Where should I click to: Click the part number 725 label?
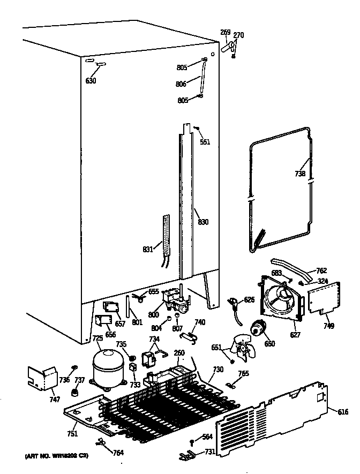[x=97, y=338]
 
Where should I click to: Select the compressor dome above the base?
[x=109, y=367]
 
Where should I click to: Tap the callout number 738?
[x=300, y=174]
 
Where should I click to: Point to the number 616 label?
[x=343, y=411]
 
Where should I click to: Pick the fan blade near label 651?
[x=245, y=350]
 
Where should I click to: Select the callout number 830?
[x=203, y=222]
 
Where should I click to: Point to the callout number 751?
[x=72, y=433]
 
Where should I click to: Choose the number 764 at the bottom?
[x=118, y=453]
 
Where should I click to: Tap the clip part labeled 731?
[x=187, y=455]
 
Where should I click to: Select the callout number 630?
[x=91, y=81]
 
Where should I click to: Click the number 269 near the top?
[x=226, y=32]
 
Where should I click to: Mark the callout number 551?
[x=205, y=142]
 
